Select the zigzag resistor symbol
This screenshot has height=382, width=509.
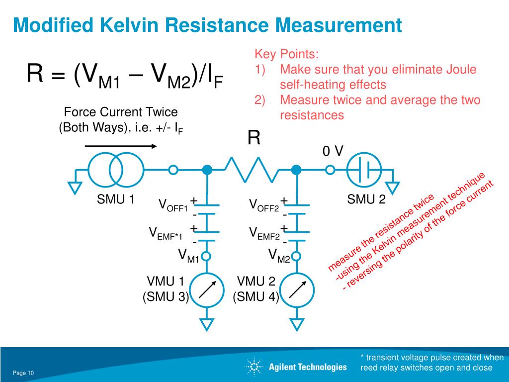click(x=252, y=170)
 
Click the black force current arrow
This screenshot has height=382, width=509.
click(x=121, y=146)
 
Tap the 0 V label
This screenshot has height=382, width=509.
click(x=333, y=151)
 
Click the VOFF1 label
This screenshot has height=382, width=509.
click(x=173, y=205)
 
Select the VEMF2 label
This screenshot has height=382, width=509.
click(x=264, y=234)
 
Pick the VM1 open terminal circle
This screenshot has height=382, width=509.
click(x=206, y=257)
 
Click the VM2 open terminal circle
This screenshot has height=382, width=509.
click(x=296, y=257)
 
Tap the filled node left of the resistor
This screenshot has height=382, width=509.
click(x=207, y=170)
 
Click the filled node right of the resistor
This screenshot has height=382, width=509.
click(x=296, y=170)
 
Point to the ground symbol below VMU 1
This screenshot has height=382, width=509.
click(x=207, y=324)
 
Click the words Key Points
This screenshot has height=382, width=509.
click(x=287, y=54)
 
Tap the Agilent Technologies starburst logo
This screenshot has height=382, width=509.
click(x=254, y=367)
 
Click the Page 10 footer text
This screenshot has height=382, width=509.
click(x=23, y=373)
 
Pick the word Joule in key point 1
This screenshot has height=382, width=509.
click(x=461, y=69)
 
